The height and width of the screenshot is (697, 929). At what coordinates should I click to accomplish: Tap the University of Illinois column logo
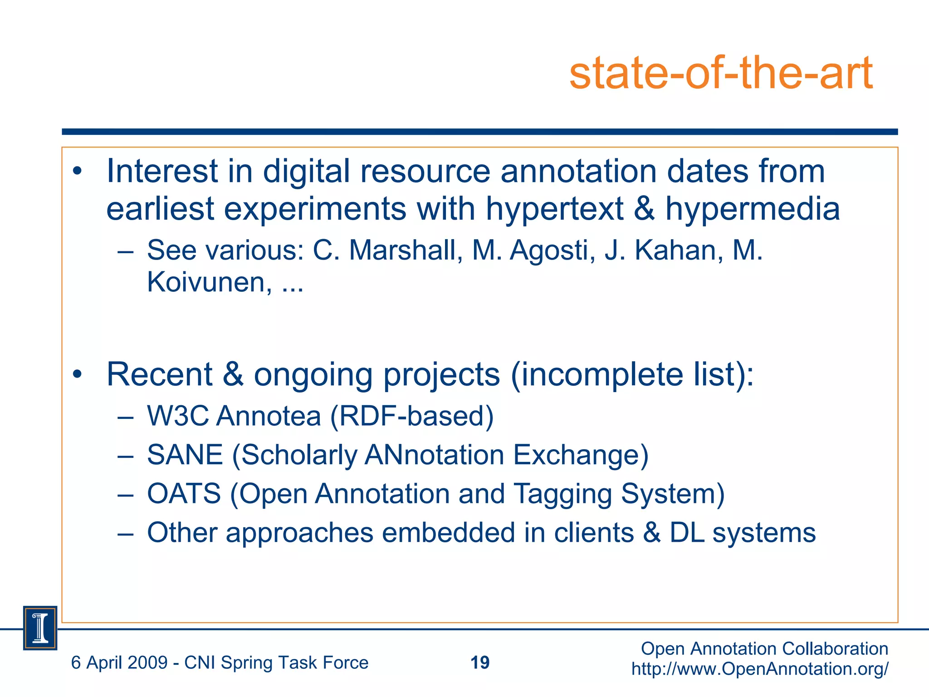(40, 628)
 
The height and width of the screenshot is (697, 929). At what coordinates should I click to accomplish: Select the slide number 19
(480, 663)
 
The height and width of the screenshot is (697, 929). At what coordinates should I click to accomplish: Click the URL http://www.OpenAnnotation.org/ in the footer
(760, 669)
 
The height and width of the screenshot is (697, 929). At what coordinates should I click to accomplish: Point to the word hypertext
(554, 210)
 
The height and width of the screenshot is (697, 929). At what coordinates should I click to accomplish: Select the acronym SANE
(185, 455)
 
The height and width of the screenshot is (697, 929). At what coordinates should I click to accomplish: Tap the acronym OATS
(184, 494)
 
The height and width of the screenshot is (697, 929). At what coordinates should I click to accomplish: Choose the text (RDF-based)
(412, 416)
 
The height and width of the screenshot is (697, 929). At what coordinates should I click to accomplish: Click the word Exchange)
(581, 455)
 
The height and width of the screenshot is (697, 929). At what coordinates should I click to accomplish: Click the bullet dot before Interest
(78, 172)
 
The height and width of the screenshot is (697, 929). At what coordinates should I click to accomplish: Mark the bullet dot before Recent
(78, 375)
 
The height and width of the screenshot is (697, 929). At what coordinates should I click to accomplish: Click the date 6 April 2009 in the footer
(119, 663)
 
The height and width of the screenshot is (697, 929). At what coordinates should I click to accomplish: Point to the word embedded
(448, 533)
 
